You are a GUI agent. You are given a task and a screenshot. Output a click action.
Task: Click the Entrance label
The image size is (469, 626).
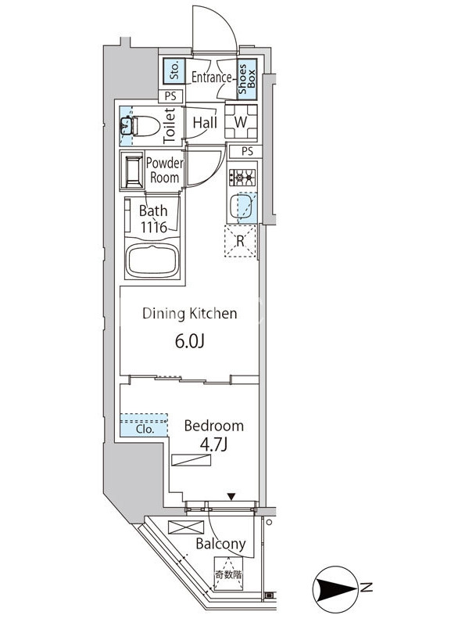coord(211,77)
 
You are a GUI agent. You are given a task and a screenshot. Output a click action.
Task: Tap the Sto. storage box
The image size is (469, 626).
coord(174,71)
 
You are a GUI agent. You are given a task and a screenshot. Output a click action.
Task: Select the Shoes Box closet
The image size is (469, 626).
coord(247,79)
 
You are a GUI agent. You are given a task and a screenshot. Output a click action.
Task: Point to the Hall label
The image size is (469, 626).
coord(205,123)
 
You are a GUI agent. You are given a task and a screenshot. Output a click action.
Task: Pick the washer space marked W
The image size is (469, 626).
coord(241,122)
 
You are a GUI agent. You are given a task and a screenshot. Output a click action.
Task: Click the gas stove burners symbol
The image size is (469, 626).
coord(242,178)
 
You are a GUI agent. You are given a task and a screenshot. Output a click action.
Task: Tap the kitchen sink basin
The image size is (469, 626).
coord(241,206)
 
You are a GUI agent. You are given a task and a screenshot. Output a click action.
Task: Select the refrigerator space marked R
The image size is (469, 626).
coord(240,241)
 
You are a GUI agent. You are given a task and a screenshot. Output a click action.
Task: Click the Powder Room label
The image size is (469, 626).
coord(164,170)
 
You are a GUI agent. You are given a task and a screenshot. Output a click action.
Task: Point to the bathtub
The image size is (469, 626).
coord(152,261)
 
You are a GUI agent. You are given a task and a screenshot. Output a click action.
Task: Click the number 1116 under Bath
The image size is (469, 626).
coord(153,228)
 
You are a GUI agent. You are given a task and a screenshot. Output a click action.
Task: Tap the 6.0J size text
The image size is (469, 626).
coord(190,341)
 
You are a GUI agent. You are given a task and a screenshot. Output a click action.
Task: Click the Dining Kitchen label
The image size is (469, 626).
coord(190,314)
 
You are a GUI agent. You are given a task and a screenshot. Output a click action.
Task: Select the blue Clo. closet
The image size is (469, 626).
coord(144,425)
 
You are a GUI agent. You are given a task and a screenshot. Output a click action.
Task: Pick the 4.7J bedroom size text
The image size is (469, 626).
coord(213,444)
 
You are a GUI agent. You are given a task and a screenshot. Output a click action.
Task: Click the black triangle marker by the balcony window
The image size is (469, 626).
coord(231,497)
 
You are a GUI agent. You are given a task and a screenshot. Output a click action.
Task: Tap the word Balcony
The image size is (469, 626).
coord(220,544)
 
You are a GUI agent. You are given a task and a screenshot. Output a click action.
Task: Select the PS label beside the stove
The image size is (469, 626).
coord(247,151)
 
